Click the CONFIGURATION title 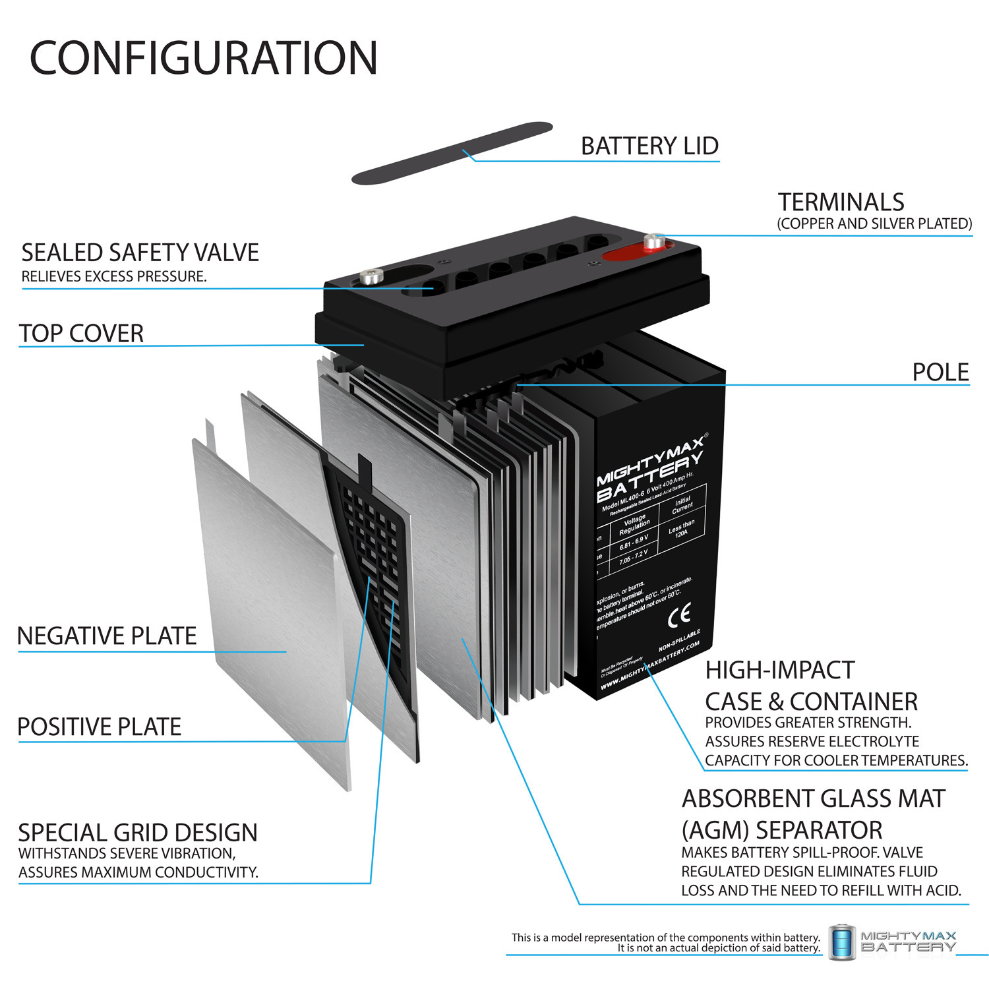click(x=203, y=58)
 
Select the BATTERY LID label click(x=649, y=146)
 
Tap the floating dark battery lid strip click(x=452, y=153)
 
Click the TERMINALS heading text click(x=841, y=202)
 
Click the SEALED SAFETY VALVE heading click(x=140, y=253)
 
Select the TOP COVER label click(x=81, y=334)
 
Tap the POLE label click(x=940, y=373)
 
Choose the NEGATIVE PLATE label click(x=107, y=636)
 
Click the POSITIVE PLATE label click(x=100, y=727)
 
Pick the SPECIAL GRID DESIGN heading click(x=138, y=833)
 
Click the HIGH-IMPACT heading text click(x=780, y=670)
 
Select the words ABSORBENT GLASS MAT click(x=814, y=798)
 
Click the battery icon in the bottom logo click(x=842, y=942)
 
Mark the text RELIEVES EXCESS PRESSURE click(x=114, y=276)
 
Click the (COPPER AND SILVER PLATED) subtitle click(x=874, y=224)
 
